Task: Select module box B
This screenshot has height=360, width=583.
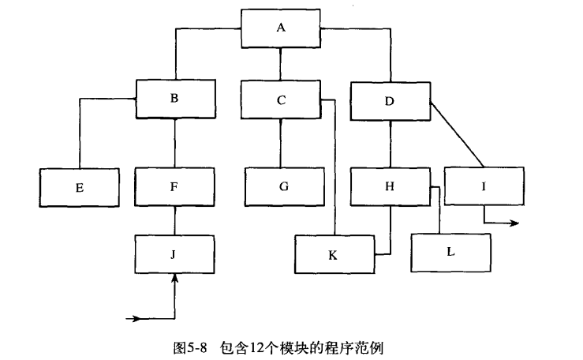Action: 174,99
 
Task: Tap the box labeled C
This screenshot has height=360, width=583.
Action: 280,99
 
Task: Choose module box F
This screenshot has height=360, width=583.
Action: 174,187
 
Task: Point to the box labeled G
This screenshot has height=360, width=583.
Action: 284,187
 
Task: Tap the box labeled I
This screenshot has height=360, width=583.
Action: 483,187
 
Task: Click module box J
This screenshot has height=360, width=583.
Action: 174,253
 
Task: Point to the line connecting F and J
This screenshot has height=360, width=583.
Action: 174,220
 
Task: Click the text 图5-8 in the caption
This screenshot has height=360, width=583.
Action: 189,347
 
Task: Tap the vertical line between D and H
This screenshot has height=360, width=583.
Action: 391,144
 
